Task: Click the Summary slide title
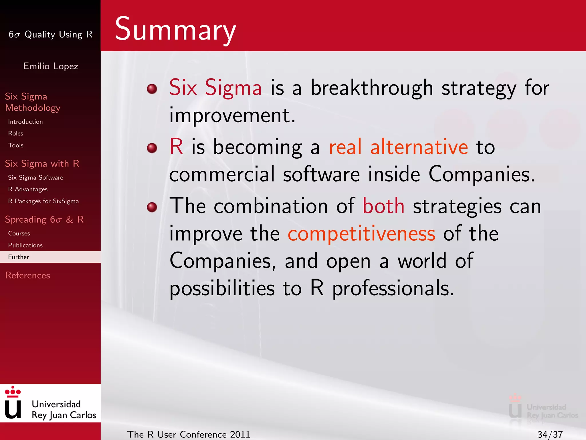(175, 30)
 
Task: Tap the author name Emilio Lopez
(51, 66)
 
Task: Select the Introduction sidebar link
(25, 122)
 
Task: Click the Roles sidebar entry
(16, 133)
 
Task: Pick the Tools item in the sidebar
(16, 145)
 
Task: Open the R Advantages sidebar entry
(28, 189)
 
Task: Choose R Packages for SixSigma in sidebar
(43, 201)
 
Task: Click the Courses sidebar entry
(19, 233)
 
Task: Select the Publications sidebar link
(25, 245)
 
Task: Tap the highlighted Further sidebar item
(19, 257)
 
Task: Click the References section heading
(27, 275)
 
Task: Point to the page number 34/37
(550, 434)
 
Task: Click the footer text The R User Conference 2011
(189, 434)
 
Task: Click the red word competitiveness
(361, 234)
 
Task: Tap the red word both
(383, 206)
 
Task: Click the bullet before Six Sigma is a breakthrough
(152, 89)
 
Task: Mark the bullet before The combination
(152, 207)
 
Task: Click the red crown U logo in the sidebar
(13, 402)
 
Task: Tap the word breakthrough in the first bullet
(372, 88)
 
